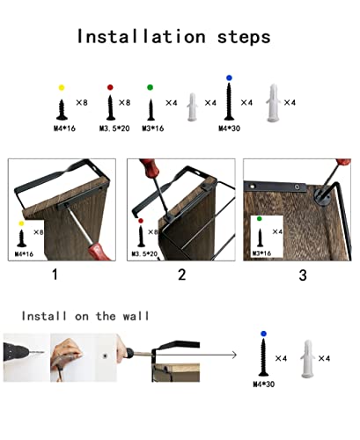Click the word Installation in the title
pyautogui.click(x=141, y=37)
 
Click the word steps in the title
pyautogui.click(x=244, y=38)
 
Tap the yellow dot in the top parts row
pyautogui.click(x=62, y=87)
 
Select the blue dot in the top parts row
pyautogui.click(x=229, y=77)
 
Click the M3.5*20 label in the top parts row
pyautogui.click(x=114, y=128)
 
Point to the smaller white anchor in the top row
pyautogui.click(x=192, y=107)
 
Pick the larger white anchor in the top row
pyautogui.click(x=273, y=103)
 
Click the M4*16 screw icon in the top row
pyautogui.click(x=62, y=110)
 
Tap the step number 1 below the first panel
pyautogui.click(x=55, y=275)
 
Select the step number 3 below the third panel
pyautogui.click(x=303, y=275)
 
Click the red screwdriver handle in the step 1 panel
pyautogui.click(x=99, y=252)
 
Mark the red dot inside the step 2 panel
pyautogui.click(x=141, y=221)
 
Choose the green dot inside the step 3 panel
pyautogui.click(x=260, y=219)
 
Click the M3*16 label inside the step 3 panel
pyautogui.click(x=261, y=253)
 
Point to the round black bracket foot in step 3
pyautogui.click(x=322, y=196)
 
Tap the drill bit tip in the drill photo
pyautogui.click(x=44, y=352)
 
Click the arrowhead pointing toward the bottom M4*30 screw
pyautogui.click(x=234, y=356)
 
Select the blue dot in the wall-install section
pyautogui.click(x=263, y=334)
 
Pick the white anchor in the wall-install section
pyautogui.click(x=307, y=358)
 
